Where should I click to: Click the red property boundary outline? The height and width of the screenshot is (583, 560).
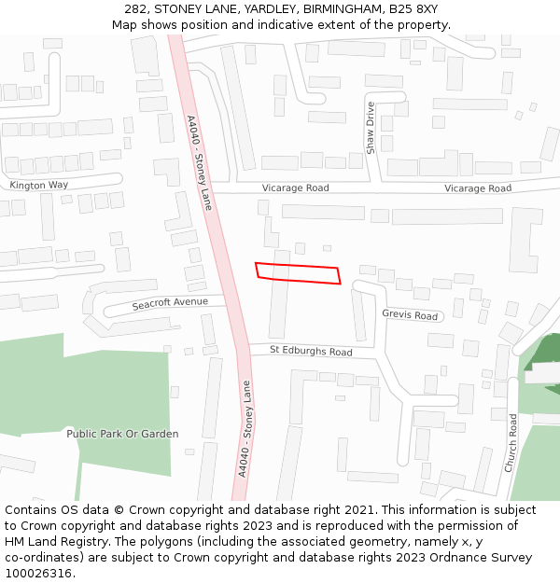tap(298, 273)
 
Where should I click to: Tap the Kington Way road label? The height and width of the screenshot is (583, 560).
tap(39, 185)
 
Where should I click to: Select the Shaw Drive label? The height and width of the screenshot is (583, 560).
tap(371, 127)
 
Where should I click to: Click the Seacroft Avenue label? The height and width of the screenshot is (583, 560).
tap(170, 303)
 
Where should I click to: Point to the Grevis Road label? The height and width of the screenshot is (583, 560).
tap(410, 315)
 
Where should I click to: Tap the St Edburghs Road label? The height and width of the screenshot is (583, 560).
tap(311, 352)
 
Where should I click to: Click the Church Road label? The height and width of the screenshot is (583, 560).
tap(511, 443)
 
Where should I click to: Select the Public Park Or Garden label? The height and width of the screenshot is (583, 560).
tap(122, 434)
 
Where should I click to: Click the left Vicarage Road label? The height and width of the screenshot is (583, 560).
tap(295, 188)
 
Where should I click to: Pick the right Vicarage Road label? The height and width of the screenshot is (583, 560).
tap(478, 188)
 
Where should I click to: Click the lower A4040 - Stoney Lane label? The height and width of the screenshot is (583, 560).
tap(244, 428)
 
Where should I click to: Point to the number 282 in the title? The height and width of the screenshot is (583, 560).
tap(135, 8)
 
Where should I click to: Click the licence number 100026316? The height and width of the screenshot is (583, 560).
tap(38, 574)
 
